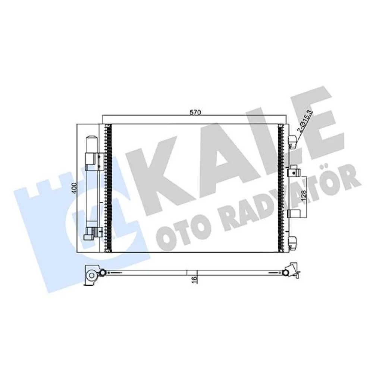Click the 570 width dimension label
[195, 113]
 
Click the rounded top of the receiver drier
[91, 139]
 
